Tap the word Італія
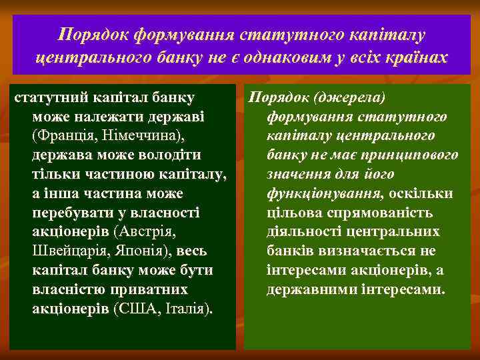coord(186,310)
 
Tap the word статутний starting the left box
coord(47,97)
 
